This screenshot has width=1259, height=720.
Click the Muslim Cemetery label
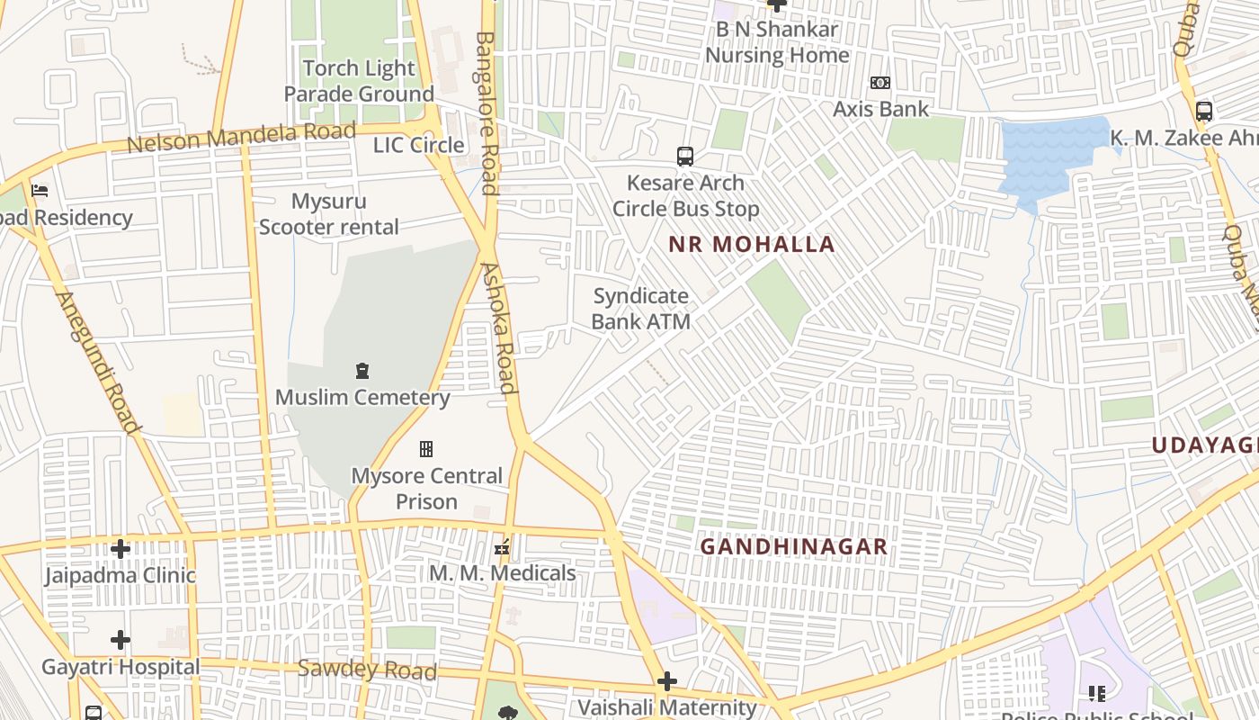[x=362, y=397]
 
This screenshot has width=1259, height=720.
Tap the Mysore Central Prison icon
[x=426, y=448]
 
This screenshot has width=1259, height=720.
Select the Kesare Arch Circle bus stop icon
[x=685, y=157]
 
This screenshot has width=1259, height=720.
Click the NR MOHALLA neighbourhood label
[x=752, y=244]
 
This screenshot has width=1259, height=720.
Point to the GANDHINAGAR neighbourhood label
[x=793, y=546]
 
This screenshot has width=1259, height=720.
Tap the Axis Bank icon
[x=880, y=83]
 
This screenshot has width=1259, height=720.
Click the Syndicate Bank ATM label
[x=641, y=309]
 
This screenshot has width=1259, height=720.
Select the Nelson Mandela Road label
[x=241, y=138]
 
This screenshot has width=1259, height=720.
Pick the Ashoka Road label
[x=499, y=328]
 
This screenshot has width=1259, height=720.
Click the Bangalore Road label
[x=487, y=112]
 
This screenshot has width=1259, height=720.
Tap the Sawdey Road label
[x=367, y=669]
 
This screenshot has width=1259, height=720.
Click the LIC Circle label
[x=419, y=145]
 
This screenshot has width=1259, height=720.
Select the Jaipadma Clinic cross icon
[x=121, y=548]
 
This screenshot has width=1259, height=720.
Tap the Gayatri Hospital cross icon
[x=121, y=640]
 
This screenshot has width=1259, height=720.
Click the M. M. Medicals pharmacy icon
[x=503, y=546]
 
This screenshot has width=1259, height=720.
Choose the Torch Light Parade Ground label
[x=359, y=81]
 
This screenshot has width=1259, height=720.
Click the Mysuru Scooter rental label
[x=329, y=214]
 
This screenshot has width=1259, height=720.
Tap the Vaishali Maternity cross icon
[x=666, y=680]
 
